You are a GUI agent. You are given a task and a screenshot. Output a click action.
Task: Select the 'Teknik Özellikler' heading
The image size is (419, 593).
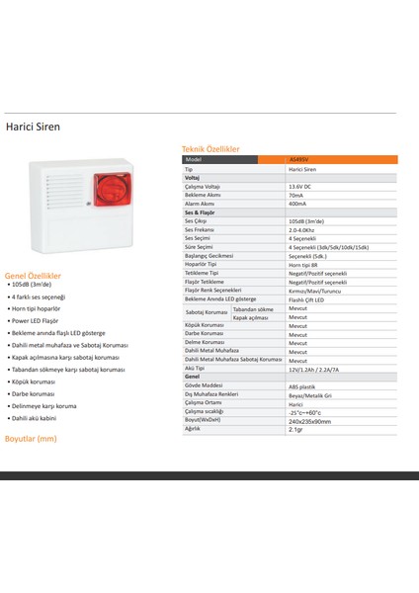[x=204, y=147]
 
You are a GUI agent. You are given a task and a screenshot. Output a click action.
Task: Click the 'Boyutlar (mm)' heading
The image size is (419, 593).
[x=31, y=436]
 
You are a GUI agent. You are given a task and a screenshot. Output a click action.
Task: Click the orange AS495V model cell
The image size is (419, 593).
[x=300, y=160]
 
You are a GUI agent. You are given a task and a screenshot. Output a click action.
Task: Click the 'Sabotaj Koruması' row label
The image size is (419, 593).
[x=206, y=312]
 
